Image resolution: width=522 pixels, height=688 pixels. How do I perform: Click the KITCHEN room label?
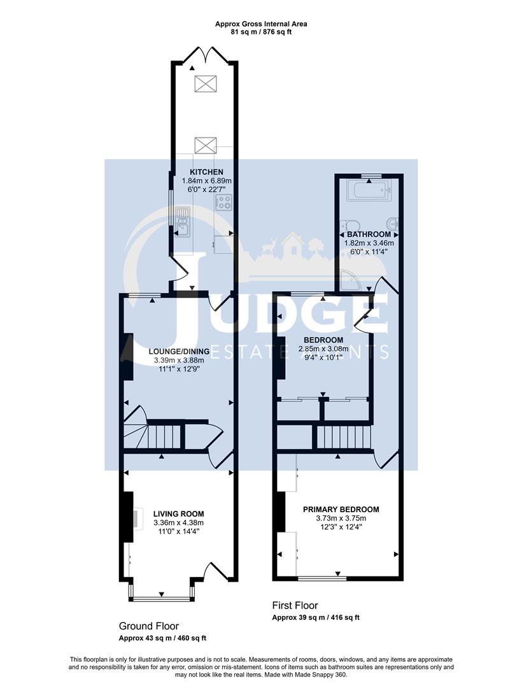pos(206,172)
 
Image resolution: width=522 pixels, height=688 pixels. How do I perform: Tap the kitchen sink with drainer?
pos(183,222)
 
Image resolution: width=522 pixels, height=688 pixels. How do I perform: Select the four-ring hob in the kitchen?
pos(223,203)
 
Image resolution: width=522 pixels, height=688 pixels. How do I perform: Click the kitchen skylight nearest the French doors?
pos(205,83)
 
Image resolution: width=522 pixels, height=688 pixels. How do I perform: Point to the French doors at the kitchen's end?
pos(204,55)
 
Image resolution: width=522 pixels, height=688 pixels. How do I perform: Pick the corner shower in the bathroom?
pos(349,280)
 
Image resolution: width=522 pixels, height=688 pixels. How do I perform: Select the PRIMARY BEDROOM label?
pos(341,509)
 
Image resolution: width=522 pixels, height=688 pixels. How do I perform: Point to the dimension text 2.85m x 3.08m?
pos(323,348)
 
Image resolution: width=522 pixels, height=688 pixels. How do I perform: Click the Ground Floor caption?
pos(149,626)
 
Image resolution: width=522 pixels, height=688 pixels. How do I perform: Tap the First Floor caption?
pos(295,606)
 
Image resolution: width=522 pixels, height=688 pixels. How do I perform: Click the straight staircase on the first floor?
pos(344,438)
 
